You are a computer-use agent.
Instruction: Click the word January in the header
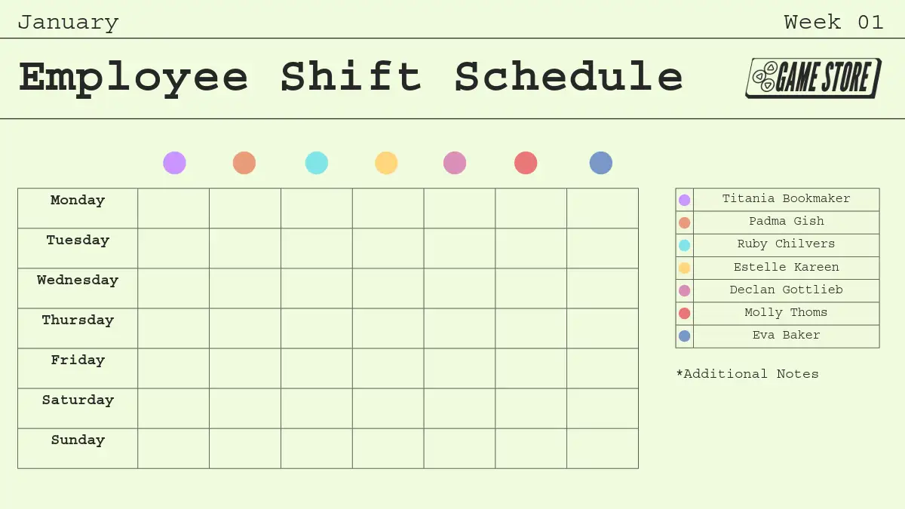point(69,23)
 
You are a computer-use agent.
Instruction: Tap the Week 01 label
point(833,22)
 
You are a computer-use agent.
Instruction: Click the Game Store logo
point(813,78)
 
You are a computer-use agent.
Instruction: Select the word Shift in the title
point(351,76)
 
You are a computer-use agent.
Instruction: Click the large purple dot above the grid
point(174,163)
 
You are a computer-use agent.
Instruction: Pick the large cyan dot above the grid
point(316,163)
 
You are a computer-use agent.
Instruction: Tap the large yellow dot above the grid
point(386,163)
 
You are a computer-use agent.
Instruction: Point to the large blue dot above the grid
point(601,163)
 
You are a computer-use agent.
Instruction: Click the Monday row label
point(78,201)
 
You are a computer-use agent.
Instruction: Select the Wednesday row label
point(78,281)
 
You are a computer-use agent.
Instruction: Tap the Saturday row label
point(78,400)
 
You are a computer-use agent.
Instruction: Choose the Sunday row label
point(78,440)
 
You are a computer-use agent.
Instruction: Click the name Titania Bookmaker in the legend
point(786,199)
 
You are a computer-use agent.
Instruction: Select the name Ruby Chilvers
point(786,244)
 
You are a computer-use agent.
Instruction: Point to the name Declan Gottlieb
point(786,290)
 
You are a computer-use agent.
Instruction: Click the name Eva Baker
point(786,335)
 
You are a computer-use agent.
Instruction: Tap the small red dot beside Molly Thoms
point(685,314)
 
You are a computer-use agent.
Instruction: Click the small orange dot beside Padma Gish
point(685,222)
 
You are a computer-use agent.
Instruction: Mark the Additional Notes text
point(747,374)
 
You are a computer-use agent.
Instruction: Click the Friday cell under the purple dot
point(173,369)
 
